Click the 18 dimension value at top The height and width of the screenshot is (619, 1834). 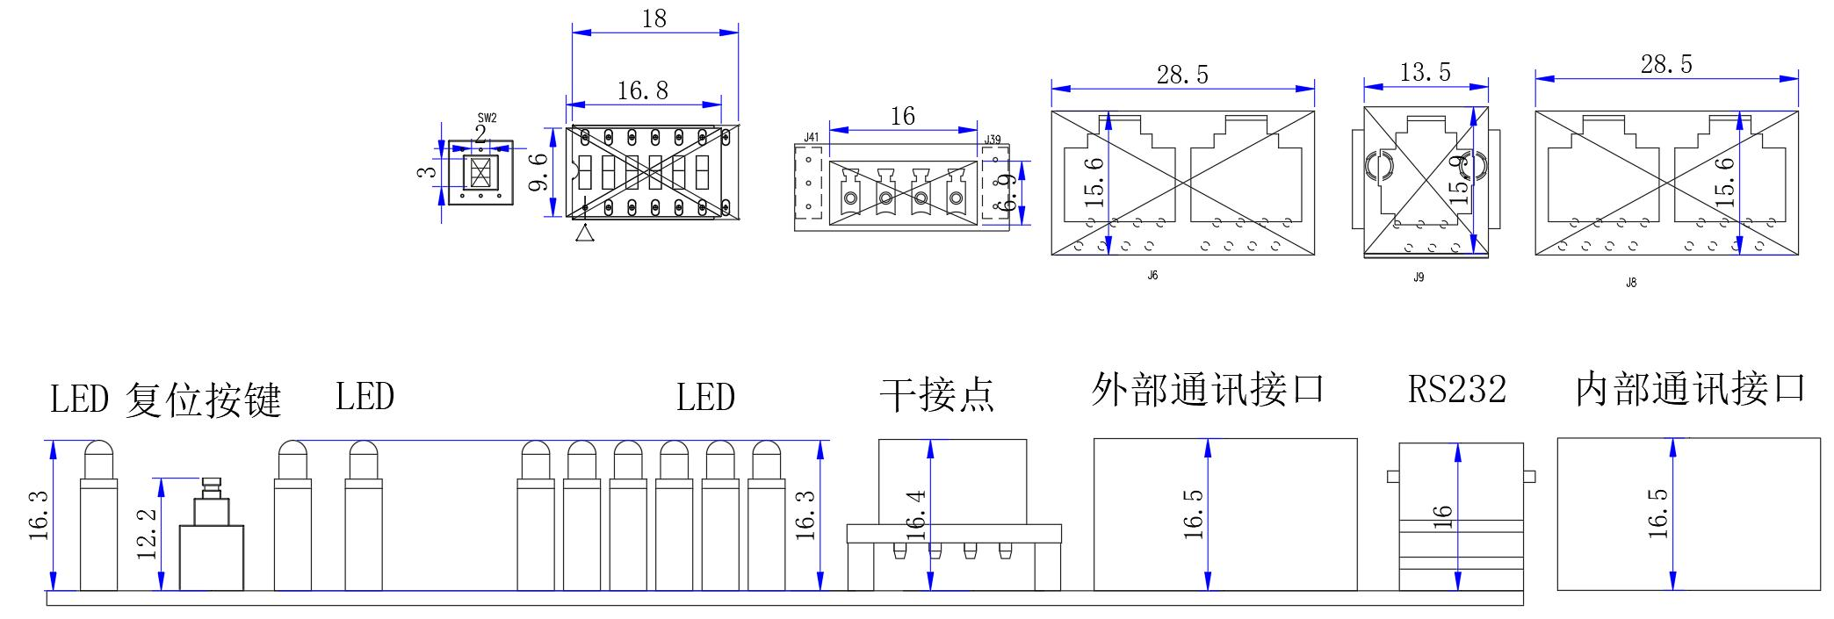pyautogui.click(x=654, y=18)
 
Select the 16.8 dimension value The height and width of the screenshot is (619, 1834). pyautogui.click(x=642, y=90)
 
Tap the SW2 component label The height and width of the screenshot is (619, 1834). pyautogui.click(x=487, y=118)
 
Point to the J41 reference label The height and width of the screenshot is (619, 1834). pyautogui.click(x=812, y=138)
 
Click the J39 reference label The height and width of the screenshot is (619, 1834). pyautogui.click(x=993, y=140)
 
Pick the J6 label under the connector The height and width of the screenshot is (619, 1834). pyautogui.click(x=1152, y=276)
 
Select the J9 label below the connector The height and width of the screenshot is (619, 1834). pyautogui.click(x=1419, y=277)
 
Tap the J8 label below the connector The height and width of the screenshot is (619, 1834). pyautogui.click(x=1631, y=283)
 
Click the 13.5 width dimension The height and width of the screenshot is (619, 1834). pyautogui.click(x=1425, y=72)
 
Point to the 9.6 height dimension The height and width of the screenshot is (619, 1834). pyautogui.click(x=538, y=172)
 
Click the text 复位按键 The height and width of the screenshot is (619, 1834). pyautogui.click(x=203, y=399)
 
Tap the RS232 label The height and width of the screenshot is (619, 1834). pyautogui.click(x=1457, y=390)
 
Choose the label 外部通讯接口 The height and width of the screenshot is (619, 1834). pyautogui.click(x=1208, y=389)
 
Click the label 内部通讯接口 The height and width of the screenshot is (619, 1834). pyautogui.click(x=1690, y=389)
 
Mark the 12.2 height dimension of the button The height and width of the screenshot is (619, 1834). pyautogui.click(x=147, y=533)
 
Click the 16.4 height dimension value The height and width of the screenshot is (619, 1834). pyautogui.click(x=916, y=515)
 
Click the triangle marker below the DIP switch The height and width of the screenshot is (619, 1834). pyautogui.click(x=585, y=234)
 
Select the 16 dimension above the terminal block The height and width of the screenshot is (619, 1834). pyautogui.click(x=902, y=116)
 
